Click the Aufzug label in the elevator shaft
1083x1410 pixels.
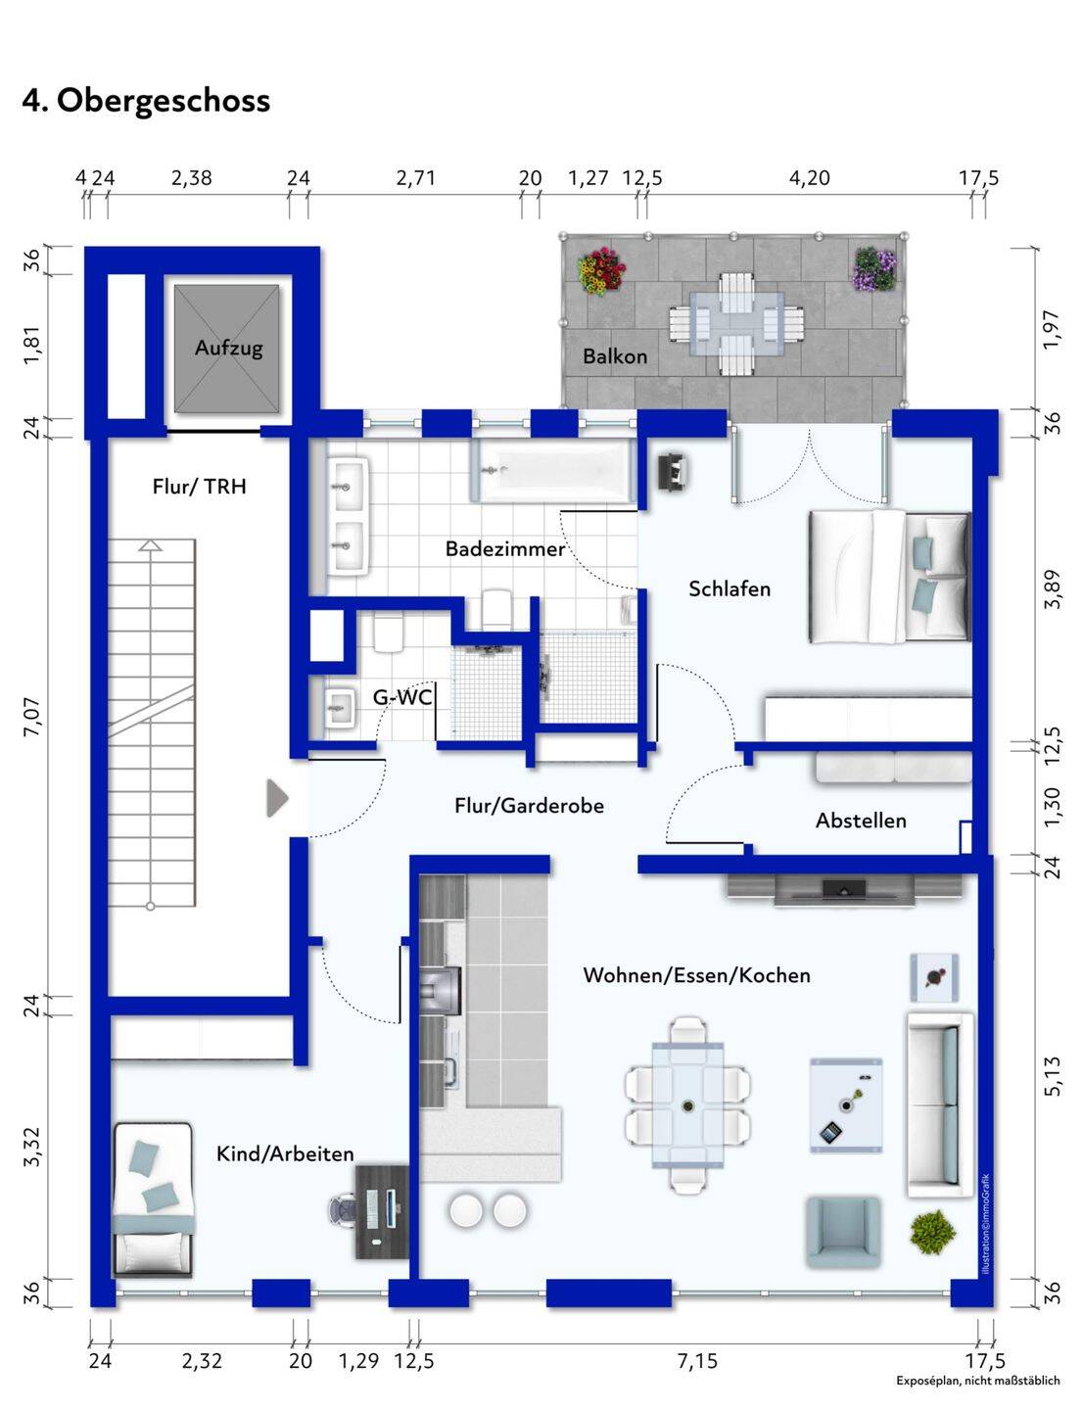228,348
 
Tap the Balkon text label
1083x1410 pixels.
615,355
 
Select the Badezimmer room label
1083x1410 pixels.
504,549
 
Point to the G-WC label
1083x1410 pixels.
402,697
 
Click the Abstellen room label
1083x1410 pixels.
861,821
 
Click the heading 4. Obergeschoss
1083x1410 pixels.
146,101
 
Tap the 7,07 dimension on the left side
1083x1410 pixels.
31,717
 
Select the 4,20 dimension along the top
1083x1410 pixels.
809,178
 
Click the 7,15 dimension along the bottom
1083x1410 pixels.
697,1360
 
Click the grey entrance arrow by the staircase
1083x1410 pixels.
277,798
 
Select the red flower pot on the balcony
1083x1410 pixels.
601,270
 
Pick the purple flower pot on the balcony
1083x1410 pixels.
874,268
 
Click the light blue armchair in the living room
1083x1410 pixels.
843,1234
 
